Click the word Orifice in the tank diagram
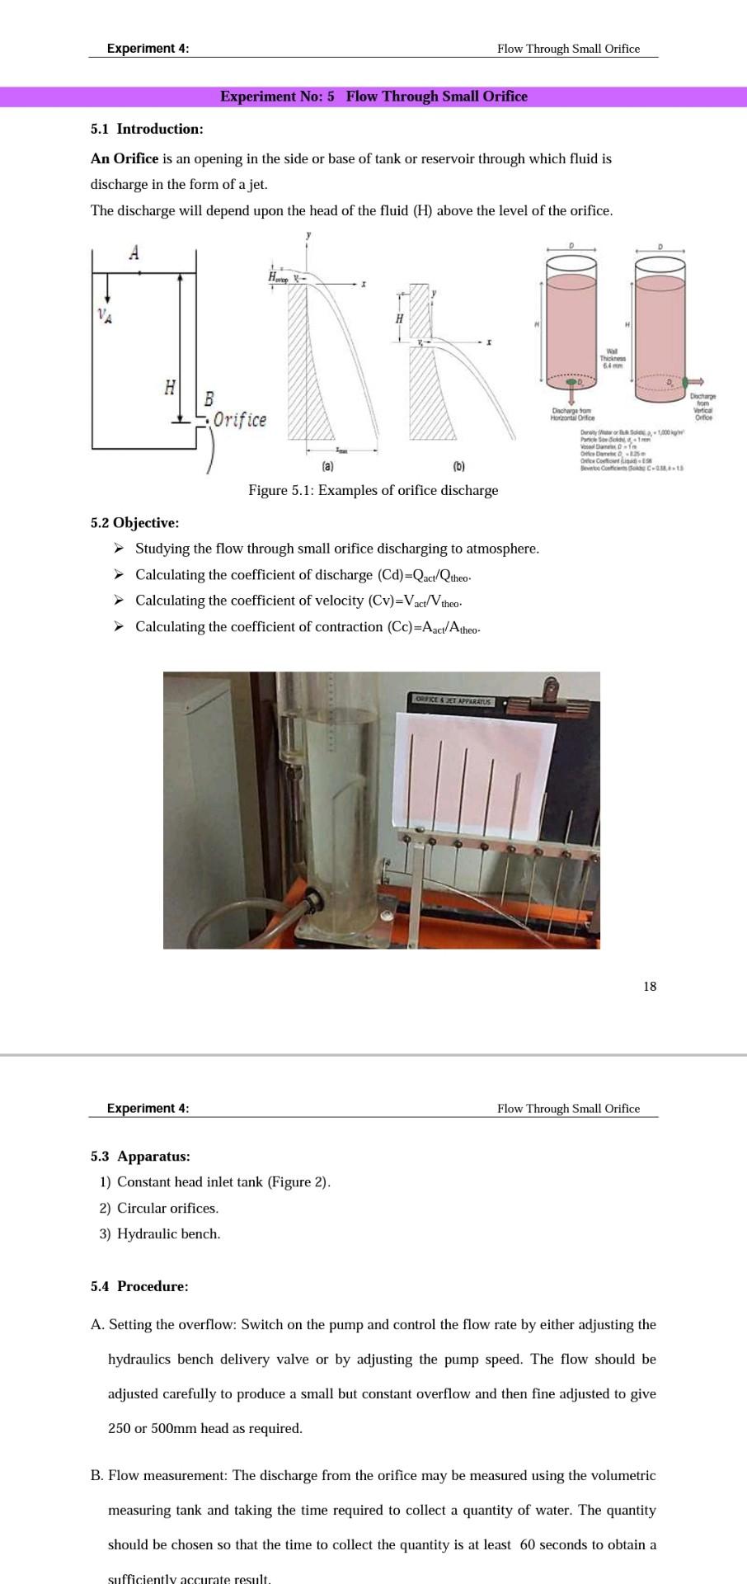tap(240, 419)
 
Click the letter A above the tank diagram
tap(134, 253)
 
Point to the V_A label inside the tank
tap(104, 314)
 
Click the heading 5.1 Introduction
tap(147, 129)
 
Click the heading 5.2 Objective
tap(134, 522)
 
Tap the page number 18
tap(650, 986)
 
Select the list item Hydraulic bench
tap(168, 1233)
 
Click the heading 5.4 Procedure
tap(139, 1286)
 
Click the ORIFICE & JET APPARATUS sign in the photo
tap(453, 702)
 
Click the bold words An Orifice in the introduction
tap(124, 158)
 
